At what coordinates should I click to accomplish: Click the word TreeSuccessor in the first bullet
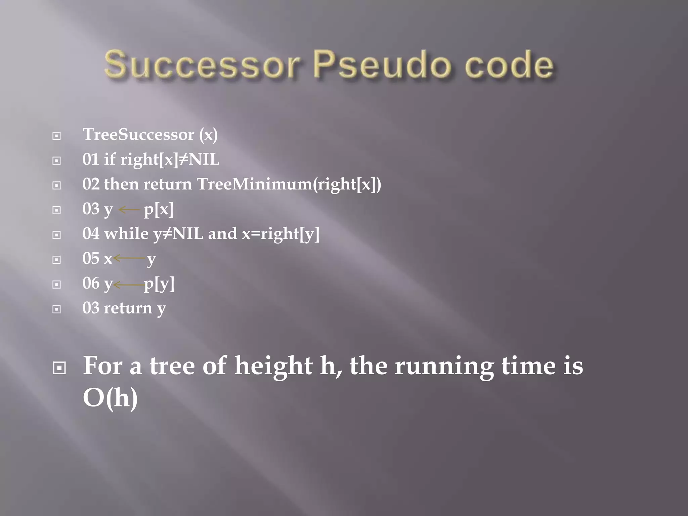138,135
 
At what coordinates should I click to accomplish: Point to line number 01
91,159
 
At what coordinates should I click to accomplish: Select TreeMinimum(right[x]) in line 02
289,184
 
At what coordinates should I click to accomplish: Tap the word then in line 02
121,184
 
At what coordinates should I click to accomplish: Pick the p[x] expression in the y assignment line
159,210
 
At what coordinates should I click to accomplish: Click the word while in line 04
126,233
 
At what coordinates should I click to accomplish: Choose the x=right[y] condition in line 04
281,234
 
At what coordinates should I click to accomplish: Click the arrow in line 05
130,258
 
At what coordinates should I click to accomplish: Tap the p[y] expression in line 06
159,285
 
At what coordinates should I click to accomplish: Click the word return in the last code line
128,308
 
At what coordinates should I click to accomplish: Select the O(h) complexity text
110,398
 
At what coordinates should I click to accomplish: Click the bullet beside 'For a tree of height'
59,368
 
